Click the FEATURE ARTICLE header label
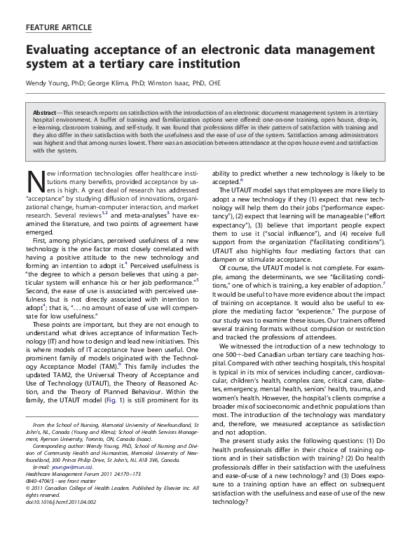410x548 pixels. (x=58, y=27)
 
